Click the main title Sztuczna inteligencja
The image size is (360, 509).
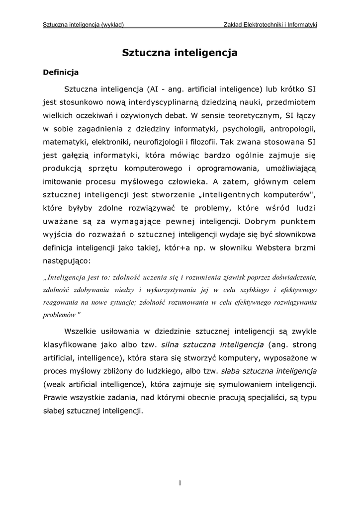coord(180,52)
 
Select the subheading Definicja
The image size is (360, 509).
coord(61,73)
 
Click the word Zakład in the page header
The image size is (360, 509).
coord(235,24)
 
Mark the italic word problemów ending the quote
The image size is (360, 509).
coord(59,315)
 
